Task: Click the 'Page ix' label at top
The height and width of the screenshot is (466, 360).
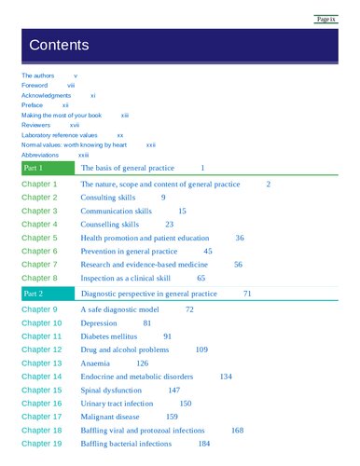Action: coord(325,19)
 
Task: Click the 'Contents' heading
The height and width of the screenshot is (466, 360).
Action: coord(59,45)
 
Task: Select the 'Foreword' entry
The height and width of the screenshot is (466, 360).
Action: coord(35,85)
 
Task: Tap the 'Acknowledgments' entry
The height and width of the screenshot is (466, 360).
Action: coord(47,95)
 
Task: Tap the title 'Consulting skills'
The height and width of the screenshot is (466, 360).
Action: coord(110,198)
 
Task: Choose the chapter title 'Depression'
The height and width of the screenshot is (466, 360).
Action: coord(99,322)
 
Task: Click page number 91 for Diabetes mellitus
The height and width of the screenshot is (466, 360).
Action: coord(168,336)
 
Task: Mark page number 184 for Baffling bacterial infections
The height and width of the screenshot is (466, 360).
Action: coord(203,444)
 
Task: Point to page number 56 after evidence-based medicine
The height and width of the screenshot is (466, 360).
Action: coord(238,265)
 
